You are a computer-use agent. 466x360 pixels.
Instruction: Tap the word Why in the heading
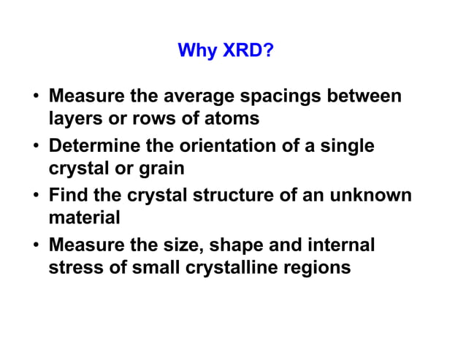(x=196, y=51)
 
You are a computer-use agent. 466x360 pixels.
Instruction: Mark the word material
(x=83, y=217)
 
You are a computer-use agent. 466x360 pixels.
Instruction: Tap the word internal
(x=339, y=245)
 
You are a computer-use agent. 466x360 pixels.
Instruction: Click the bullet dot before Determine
(x=36, y=146)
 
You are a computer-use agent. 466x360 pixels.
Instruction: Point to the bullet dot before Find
(x=36, y=196)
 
